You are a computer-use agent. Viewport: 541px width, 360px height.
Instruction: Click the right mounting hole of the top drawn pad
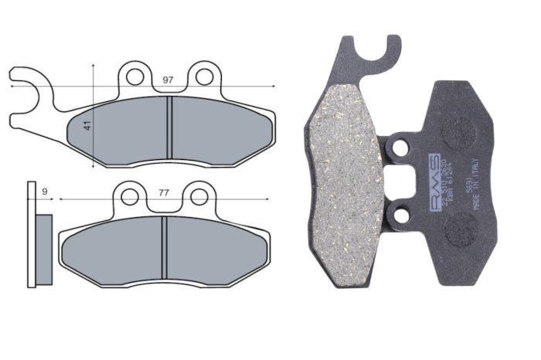coord(204,76)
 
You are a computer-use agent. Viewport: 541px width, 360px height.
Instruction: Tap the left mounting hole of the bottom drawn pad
coord(129,197)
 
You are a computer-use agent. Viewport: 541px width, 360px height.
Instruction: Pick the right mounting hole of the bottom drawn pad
coord(199,196)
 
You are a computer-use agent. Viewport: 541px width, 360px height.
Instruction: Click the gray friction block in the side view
coord(44,248)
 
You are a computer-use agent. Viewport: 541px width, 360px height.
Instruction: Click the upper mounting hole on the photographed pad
coord(400,144)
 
